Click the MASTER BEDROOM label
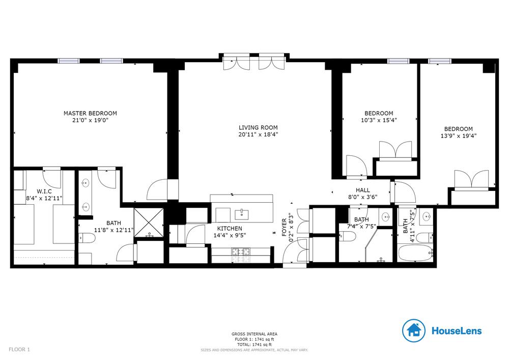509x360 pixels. point(90,113)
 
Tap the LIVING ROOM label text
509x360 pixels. point(258,128)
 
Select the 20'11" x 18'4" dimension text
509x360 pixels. point(258,134)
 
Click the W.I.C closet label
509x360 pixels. point(44,191)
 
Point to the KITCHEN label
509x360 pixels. point(230,229)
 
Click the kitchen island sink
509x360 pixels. point(242,214)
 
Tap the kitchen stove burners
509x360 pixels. point(241,251)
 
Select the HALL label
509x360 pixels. point(362,190)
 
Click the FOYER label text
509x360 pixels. point(284,227)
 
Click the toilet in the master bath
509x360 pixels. point(87,238)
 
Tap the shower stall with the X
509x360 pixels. point(149,223)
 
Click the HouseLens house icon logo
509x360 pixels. point(413,330)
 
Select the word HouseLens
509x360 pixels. point(457,331)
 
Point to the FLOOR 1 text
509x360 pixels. point(19,350)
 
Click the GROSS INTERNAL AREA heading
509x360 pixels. point(254,334)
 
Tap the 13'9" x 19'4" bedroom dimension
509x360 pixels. point(459,136)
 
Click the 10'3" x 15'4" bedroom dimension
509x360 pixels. point(379,120)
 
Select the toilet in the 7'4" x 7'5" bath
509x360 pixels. point(347,237)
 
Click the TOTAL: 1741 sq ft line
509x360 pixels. point(254,345)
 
